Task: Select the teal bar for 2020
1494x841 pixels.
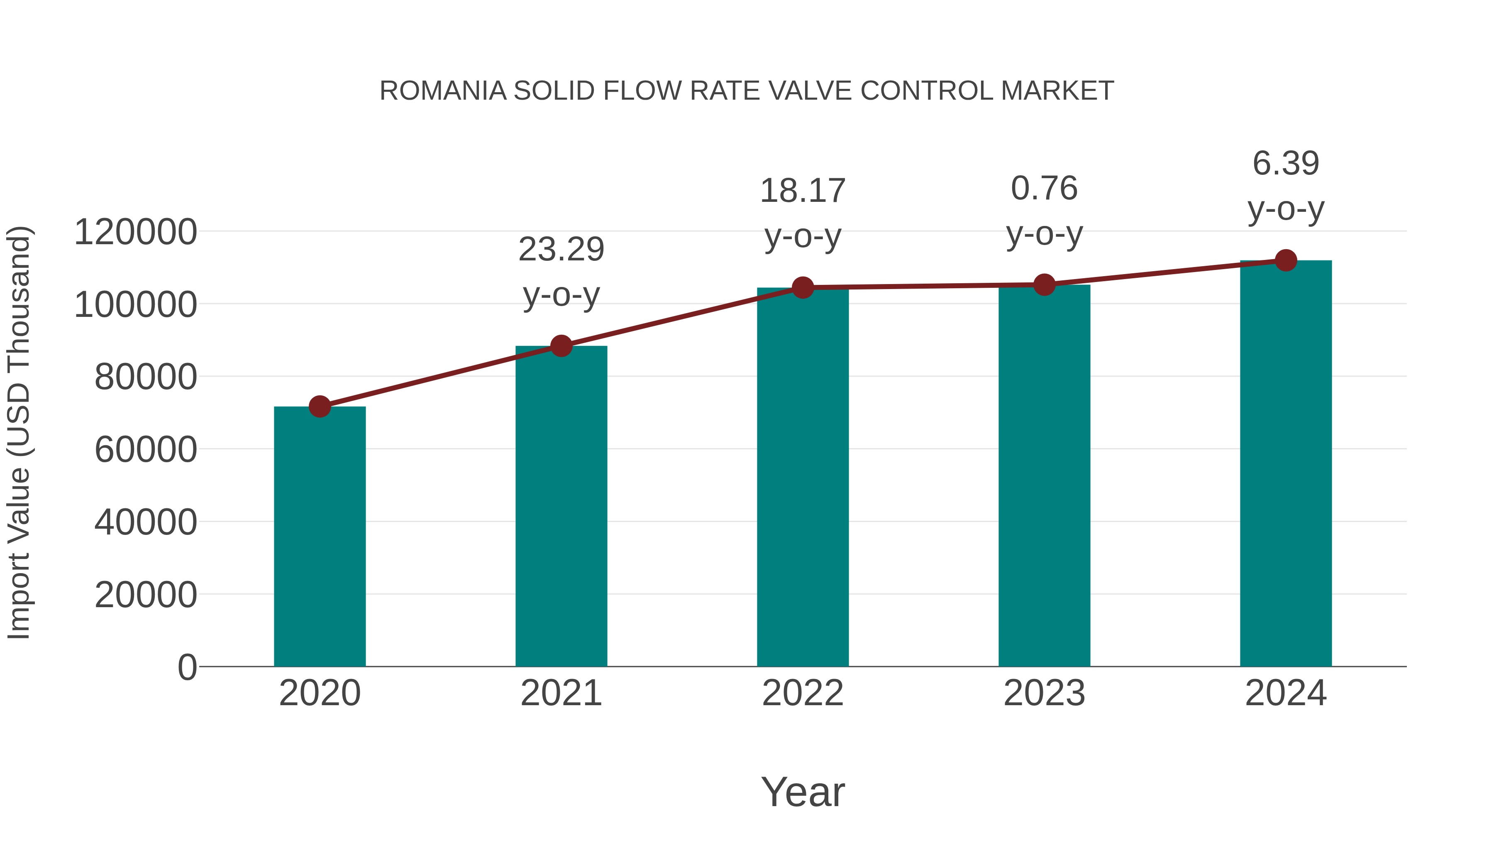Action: tap(320, 537)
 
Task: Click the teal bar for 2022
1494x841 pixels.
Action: tap(803, 477)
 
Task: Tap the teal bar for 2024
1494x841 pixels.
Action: tap(1286, 464)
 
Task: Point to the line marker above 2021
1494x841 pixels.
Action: tap(561, 346)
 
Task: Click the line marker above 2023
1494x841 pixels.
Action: tap(1044, 285)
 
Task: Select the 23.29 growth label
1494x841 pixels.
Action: tap(561, 250)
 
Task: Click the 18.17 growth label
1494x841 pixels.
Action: tap(803, 191)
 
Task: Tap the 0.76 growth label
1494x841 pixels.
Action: tap(1044, 189)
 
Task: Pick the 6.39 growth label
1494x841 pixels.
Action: tap(1286, 163)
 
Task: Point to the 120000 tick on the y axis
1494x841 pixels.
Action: tap(136, 232)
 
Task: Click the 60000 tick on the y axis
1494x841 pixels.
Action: tap(146, 450)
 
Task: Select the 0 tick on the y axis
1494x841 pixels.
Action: tap(187, 667)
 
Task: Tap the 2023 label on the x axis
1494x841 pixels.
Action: tap(1044, 693)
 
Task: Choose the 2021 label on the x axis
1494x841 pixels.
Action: tap(561, 693)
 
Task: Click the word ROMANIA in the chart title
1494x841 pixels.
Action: tap(443, 91)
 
